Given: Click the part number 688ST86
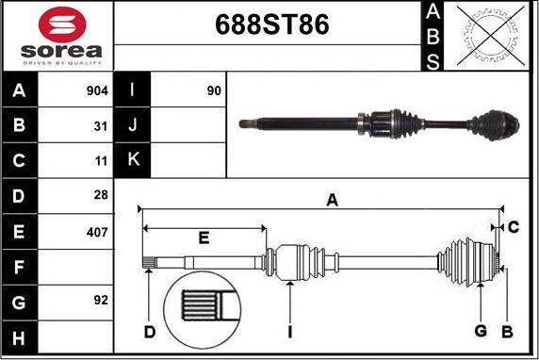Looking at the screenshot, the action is coord(272,25).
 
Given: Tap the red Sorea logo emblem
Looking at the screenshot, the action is coord(62,25).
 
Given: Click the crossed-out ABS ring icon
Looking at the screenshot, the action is coord(491,36).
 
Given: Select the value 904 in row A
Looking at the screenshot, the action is coord(97,90).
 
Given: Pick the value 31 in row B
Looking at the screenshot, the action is coord(101,126).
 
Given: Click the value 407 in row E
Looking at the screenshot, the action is coord(97,233).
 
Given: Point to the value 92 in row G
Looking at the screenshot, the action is coord(101,301).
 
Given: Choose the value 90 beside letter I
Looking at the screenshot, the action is coord(214,90).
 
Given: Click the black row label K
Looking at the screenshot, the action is coord(132,159).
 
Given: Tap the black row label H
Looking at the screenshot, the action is coord(19,338).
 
